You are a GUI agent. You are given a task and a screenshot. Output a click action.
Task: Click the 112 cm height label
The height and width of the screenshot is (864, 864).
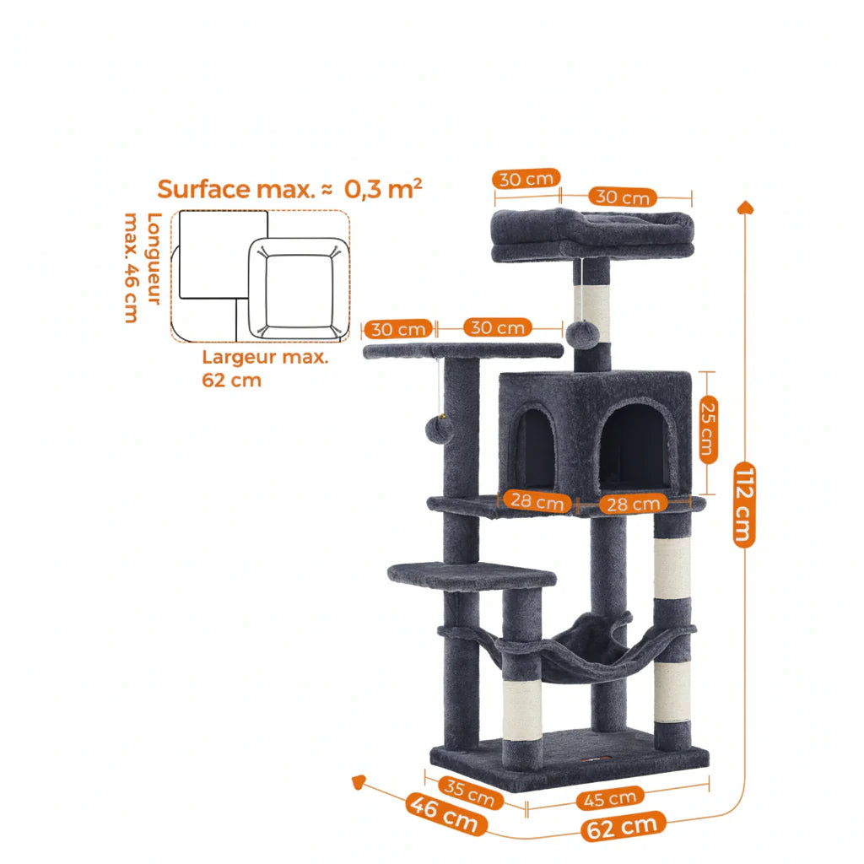[x=744, y=505]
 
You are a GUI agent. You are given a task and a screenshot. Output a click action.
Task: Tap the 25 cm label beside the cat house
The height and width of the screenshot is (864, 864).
[x=708, y=429]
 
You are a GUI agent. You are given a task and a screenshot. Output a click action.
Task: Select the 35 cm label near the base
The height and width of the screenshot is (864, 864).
[x=470, y=792]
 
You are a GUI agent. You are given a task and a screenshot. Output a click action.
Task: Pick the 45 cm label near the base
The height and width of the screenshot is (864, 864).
[x=609, y=798]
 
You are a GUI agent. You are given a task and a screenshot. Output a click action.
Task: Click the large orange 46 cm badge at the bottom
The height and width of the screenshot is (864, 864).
[x=445, y=814]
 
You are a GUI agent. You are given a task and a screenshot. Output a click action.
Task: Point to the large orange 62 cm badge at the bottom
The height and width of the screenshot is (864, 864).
[x=623, y=826]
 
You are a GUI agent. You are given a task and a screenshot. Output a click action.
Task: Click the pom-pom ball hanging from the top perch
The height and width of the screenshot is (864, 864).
[x=582, y=334]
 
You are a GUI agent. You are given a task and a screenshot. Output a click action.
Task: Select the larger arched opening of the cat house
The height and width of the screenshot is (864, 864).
[x=635, y=447]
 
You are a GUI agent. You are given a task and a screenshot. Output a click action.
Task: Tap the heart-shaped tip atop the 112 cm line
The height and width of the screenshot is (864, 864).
[x=745, y=208]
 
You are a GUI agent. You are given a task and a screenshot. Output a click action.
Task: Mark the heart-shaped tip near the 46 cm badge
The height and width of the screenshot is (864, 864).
[x=359, y=781]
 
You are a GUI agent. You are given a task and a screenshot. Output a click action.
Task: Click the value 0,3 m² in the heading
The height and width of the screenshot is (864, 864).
[x=383, y=189]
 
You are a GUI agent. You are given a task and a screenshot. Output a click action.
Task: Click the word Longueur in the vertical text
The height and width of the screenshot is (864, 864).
[x=154, y=258]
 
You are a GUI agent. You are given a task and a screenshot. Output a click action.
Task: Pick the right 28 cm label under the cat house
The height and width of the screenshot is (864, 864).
[x=633, y=504]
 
